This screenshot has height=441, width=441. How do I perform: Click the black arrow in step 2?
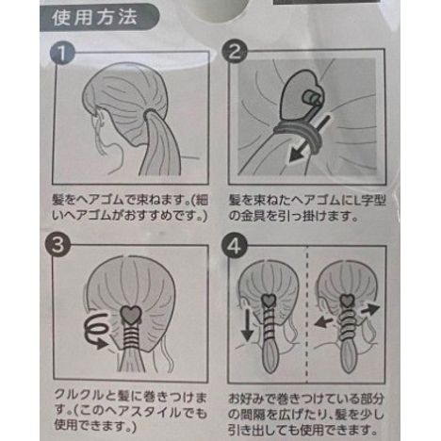tap(306, 141)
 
